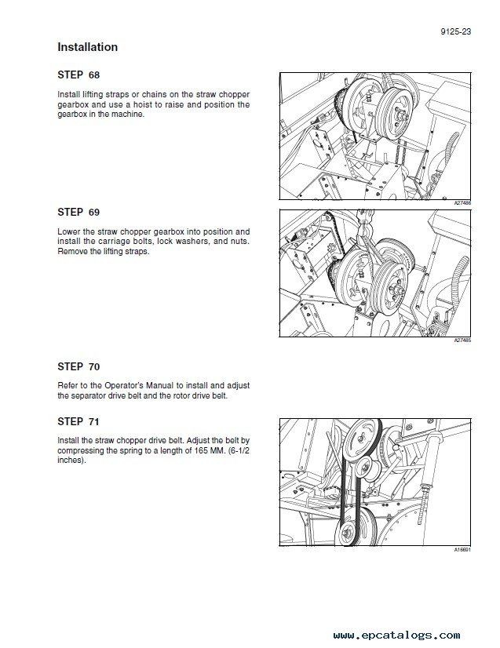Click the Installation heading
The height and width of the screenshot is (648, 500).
click(x=88, y=47)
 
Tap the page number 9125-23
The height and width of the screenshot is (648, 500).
click(x=456, y=31)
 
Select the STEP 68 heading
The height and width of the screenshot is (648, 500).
click(x=78, y=75)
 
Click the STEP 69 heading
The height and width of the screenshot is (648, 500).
click(x=78, y=212)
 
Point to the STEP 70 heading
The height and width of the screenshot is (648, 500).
click(x=78, y=366)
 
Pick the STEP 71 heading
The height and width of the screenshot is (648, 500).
click(x=78, y=421)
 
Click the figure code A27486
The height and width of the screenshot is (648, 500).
click(x=462, y=203)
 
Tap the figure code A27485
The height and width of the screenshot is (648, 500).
click(x=462, y=340)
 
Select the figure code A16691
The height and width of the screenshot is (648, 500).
click(x=462, y=550)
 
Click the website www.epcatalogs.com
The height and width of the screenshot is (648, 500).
click(x=396, y=635)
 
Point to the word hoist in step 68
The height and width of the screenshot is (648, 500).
click(x=143, y=104)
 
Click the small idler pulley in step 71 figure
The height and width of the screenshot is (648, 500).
click(x=367, y=468)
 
